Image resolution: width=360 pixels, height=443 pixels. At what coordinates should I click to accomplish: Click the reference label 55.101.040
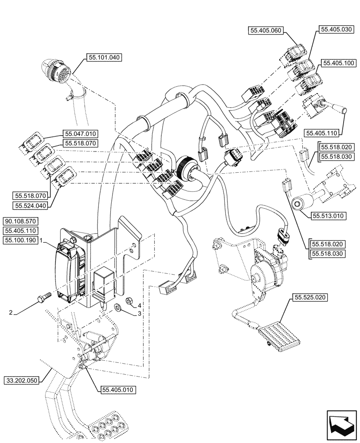pyautogui.click(x=103, y=57)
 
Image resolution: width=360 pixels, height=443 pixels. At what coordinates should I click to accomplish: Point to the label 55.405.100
pyautogui.click(x=338, y=63)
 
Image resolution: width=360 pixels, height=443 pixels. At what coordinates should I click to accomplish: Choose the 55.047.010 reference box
pyautogui.click(x=81, y=133)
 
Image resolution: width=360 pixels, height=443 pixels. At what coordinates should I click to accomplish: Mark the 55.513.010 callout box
pyautogui.click(x=328, y=216)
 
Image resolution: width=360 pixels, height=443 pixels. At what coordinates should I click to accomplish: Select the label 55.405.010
pyautogui.click(x=117, y=389)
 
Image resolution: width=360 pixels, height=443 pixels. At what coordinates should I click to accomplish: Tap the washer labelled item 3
pyautogui.click(x=118, y=307)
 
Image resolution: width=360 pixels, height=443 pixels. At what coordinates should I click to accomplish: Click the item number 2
pyautogui.click(x=11, y=313)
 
